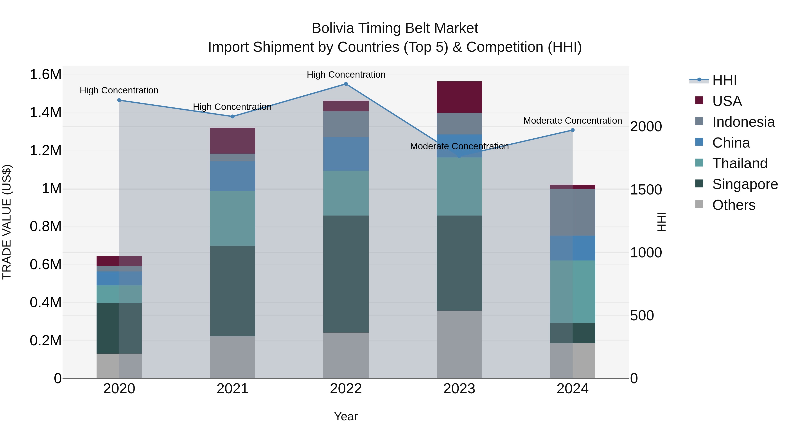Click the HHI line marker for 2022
[x=346, y=84]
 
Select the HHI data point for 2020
[x=119, y=100]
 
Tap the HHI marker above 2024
[x=572, y=130]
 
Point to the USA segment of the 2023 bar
[x=459, y=97]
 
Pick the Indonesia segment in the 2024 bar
[x=572, y=212]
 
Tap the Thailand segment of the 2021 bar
[x=232, y=218]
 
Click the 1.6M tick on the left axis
[x=45, y=75]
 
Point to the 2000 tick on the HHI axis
[x=646, y=127]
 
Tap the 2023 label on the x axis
[x=459, y=389]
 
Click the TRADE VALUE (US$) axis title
[x=7, y=222]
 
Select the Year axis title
[x=346, y=416]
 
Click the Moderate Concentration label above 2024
[x=572, y=121]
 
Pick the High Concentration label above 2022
[x=346, y=75]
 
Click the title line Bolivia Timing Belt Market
[x=395, y=28]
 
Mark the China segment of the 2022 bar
[x=346, y=154]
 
